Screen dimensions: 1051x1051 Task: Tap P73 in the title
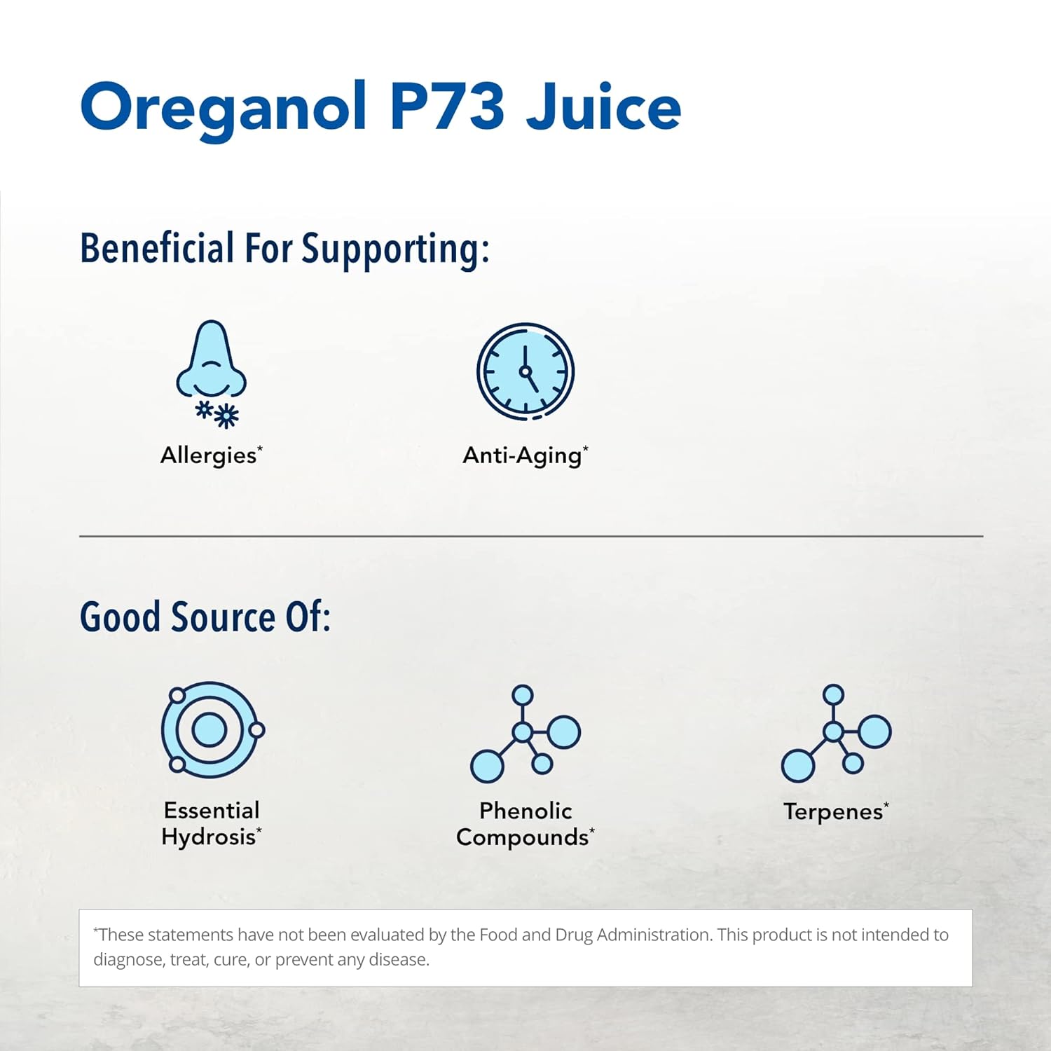pyautogui.click(x=446, y=106)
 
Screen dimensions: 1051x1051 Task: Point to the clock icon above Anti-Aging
pyautogui.click(x=525, y=371)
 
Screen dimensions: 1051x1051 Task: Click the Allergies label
pyautogui.click(x=211, y=455)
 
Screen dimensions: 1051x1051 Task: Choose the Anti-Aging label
pyautogui.click(x=525, y=455)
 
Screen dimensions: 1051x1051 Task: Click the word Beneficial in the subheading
pyautogui.click(x=157, y=248)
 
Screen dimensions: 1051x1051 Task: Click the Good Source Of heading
pyautogui.click(x=205, y=617)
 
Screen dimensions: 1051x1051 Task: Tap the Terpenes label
pyautogui.click(x=836, y=811)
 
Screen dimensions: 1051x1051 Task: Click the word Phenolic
pyautogui.click(x=525, y=811)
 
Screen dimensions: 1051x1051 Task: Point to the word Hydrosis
pyautogui.click(x=209, y=837)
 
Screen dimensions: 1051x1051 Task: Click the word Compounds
pyautogui.click(x=523, y=837)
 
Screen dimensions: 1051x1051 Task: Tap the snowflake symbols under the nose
pyautogui.click(x=217, y=413)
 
